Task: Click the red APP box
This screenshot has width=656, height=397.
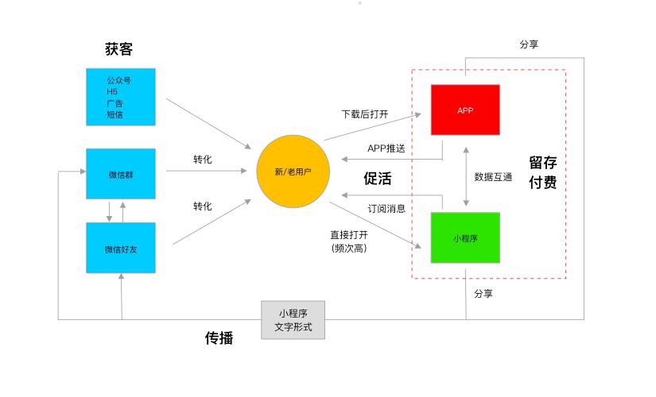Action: click(465, 110)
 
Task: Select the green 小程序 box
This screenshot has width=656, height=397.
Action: click(465, 237)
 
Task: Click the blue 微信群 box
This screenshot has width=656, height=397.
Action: click(121, 173)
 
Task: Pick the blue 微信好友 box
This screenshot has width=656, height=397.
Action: click(121, 249)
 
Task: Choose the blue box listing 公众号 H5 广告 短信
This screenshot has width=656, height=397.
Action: click(121, 97)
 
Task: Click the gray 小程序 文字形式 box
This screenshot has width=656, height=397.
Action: click(293, 320)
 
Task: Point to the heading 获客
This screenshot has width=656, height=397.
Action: click(119, 49)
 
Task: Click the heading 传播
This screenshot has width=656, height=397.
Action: click(219, 338)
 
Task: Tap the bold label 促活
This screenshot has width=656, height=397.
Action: click(378, 179)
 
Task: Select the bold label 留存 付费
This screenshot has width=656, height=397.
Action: click(542, 172)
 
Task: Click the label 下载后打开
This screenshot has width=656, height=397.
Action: click(365, 114)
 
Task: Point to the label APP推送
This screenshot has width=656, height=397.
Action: click(386, 148)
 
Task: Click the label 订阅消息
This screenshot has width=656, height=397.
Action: click(386, 209)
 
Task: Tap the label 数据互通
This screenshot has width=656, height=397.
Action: click(494, 177)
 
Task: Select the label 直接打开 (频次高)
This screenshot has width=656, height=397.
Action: click(349, 241)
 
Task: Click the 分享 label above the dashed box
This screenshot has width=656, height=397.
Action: click(529, 44)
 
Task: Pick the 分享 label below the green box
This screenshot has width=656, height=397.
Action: click(483, 294)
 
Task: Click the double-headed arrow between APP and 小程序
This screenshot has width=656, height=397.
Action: click(466, 177)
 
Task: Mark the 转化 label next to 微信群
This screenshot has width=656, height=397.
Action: click(203, 160)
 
